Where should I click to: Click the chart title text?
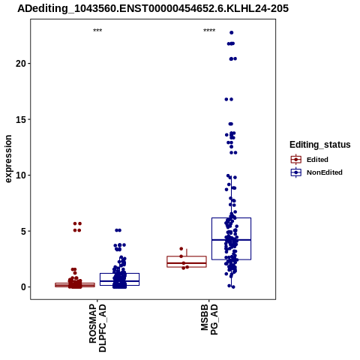pos(153,8)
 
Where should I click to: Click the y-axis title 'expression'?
pos(8,159)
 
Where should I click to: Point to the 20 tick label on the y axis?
pos(21,64)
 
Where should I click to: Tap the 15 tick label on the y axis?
pos(21,119)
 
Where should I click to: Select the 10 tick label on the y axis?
pos(21,175)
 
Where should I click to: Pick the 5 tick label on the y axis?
pos(23,231)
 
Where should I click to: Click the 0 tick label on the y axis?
pos(23,287)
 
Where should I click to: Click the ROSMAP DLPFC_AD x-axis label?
pos(97,328)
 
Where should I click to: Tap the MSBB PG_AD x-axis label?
pos(209,319)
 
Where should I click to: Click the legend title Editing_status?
pos(320,145)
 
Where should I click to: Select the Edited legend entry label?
pos(317,160)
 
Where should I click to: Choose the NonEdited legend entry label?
pos(325,172)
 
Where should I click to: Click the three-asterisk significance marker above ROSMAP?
pos(97,30)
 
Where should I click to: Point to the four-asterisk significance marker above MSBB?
pos(209,30)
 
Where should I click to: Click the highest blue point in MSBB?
pos(232,32)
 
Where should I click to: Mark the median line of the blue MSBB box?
pos(231,240)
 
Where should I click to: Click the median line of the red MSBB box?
pos(187,263)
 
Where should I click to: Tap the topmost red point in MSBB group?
pos(181,249)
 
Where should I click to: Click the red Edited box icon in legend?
pos(296,160)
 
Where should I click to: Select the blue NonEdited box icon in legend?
pos(296,172)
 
